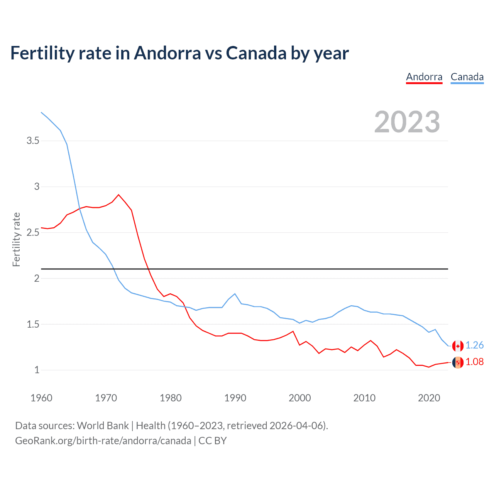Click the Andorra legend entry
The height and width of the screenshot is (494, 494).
pyautogui.click(x=424, y=77)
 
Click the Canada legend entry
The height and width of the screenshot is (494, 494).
pyautogui.click(x=467, y=77)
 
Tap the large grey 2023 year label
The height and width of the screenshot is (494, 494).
pyautogui.click(x=407, y=122)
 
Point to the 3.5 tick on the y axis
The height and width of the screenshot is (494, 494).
pyautogui.click(x=33, y=141)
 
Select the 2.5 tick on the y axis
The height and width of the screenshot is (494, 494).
pyautogui.click(x=33, y=233)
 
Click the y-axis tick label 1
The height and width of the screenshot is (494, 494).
pyautogui.click(x=37, y=370)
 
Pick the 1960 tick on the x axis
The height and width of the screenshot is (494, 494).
pyautogui.click(x=41, y=398)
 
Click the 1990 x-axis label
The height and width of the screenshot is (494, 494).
pyautogui.click(x=235, y=398)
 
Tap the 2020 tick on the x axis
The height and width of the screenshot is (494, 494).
pyautogui.click(x=429, y=398)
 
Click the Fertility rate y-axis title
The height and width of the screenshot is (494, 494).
pyautogui.click(x=16, y=239)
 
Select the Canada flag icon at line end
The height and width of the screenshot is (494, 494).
pyautogui.click(x=458, y=346)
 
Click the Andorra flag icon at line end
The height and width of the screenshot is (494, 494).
pyautogui.click(x=458, y=362)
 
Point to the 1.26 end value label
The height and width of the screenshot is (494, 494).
pyautogui.click(x=474, y=345)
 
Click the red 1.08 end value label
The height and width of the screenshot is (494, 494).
pyautogui.click(x=474, y=362)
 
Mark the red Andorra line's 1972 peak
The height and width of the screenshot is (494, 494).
pyautogui.click(x=118, y=195)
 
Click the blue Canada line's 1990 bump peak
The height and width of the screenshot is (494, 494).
pyautogui.click(x=235, y=294)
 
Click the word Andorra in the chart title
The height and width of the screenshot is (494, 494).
pyautogui.click(x=167, y=53)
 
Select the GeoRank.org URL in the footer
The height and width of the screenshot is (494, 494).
pyautogui.click(x=103, y=441)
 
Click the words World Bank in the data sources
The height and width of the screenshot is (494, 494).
pyautogui.click(x=103, y=426)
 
